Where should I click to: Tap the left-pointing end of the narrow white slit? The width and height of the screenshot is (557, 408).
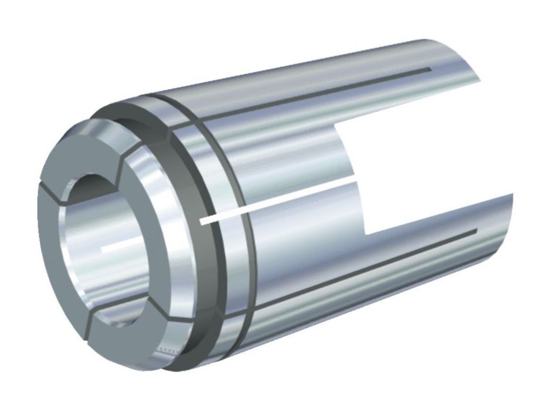202,222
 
